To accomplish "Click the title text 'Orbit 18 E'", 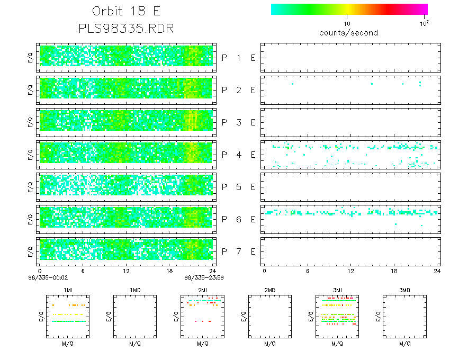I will (x=126, y=12).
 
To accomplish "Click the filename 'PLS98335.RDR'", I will (x=126, y=28).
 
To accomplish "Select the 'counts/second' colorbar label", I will (x=348, y=33).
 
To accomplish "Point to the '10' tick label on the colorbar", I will (x=347, y=24).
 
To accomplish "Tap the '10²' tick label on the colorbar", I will (x=424, y=23).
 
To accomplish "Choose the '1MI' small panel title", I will (x=68, y=291).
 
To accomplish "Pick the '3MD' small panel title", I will (x=404, y=291).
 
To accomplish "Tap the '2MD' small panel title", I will (x=269, y=291).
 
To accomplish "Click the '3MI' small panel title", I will (x=336, y=291).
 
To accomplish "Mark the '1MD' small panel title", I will (x=134, y=291).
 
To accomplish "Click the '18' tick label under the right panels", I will (x=393, y=271).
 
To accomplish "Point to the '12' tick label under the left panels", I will (x=127, y=271).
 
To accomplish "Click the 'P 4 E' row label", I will (x=238, y=155).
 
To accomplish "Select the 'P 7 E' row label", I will (x=238, y=251).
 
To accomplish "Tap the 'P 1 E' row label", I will (x=238, y=58).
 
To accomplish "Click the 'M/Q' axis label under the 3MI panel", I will (x=335, y=344).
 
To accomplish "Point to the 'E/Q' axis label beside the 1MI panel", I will (x=41, y=317).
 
